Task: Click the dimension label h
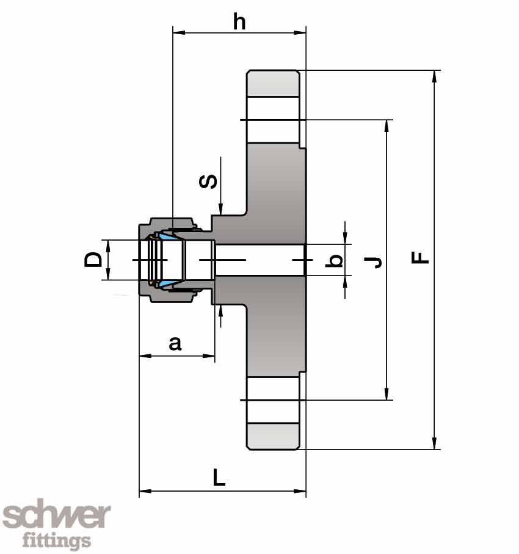pyautogui.click(x=239, y=21)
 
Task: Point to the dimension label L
pyautogui.click(x=219, y=477)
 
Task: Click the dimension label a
pyautogui.click(x=175, y=343)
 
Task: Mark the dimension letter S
pyautogui.click(x=209, y=181)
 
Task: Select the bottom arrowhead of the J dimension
pyautogui.click(x=387, y=395)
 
